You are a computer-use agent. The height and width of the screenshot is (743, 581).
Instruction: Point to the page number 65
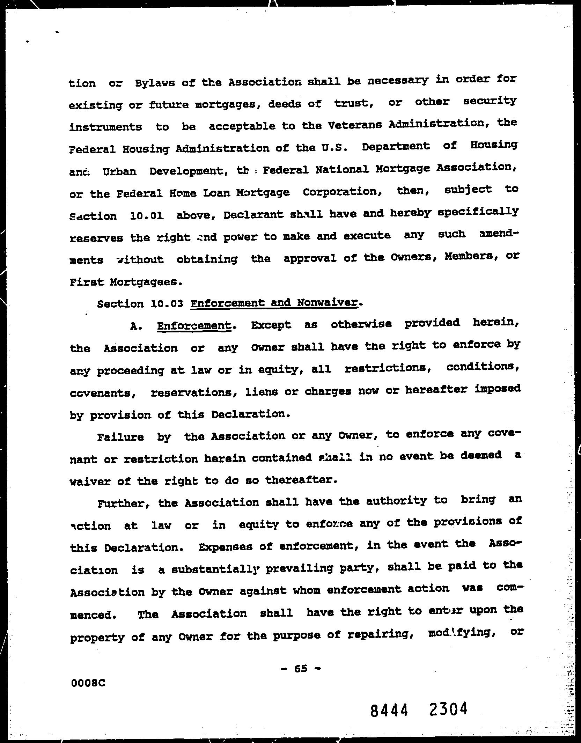pos(301,668)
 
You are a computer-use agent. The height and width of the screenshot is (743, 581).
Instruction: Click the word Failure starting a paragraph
pos(120,437)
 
